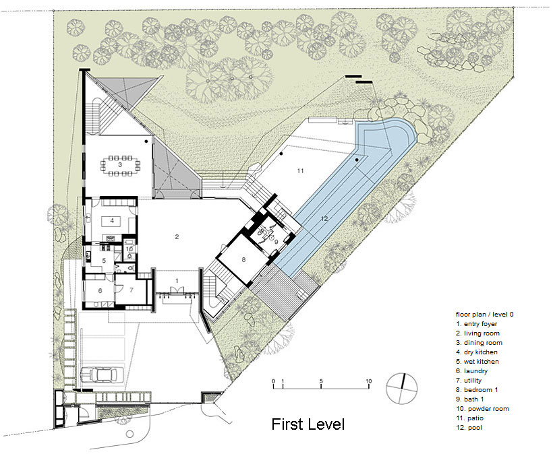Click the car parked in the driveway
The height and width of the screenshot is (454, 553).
pos(103,375)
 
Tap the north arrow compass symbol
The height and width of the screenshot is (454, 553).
pos(402,389)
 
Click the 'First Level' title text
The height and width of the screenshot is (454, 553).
pos(308,424)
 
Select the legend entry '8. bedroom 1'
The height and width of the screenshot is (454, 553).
pos(477,390)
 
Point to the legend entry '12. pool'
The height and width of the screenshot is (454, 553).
pos(469,428)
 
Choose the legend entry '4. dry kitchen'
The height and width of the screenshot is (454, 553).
pos(477,352)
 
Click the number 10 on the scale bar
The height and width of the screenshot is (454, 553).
pos(368,381)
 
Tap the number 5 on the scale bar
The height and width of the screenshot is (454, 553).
pos(321,381)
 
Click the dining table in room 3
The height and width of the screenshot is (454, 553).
pos(120,165)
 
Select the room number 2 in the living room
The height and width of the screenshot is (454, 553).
pos(177,236)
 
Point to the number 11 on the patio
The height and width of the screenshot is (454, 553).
pos(300,171)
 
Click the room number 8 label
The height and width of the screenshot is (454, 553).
pos(243,260)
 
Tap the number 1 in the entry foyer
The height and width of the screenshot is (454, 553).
pos(177,281)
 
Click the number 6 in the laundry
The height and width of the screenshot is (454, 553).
pos(100,290)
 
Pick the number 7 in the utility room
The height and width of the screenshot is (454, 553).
pos(132,290)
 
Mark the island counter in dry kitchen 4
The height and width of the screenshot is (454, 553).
pos(111,222)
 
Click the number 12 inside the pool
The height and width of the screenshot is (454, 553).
pos(324,218)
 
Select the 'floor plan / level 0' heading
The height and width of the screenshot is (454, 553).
pos(485,315)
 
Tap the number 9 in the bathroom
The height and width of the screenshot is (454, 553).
pos(276,242)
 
